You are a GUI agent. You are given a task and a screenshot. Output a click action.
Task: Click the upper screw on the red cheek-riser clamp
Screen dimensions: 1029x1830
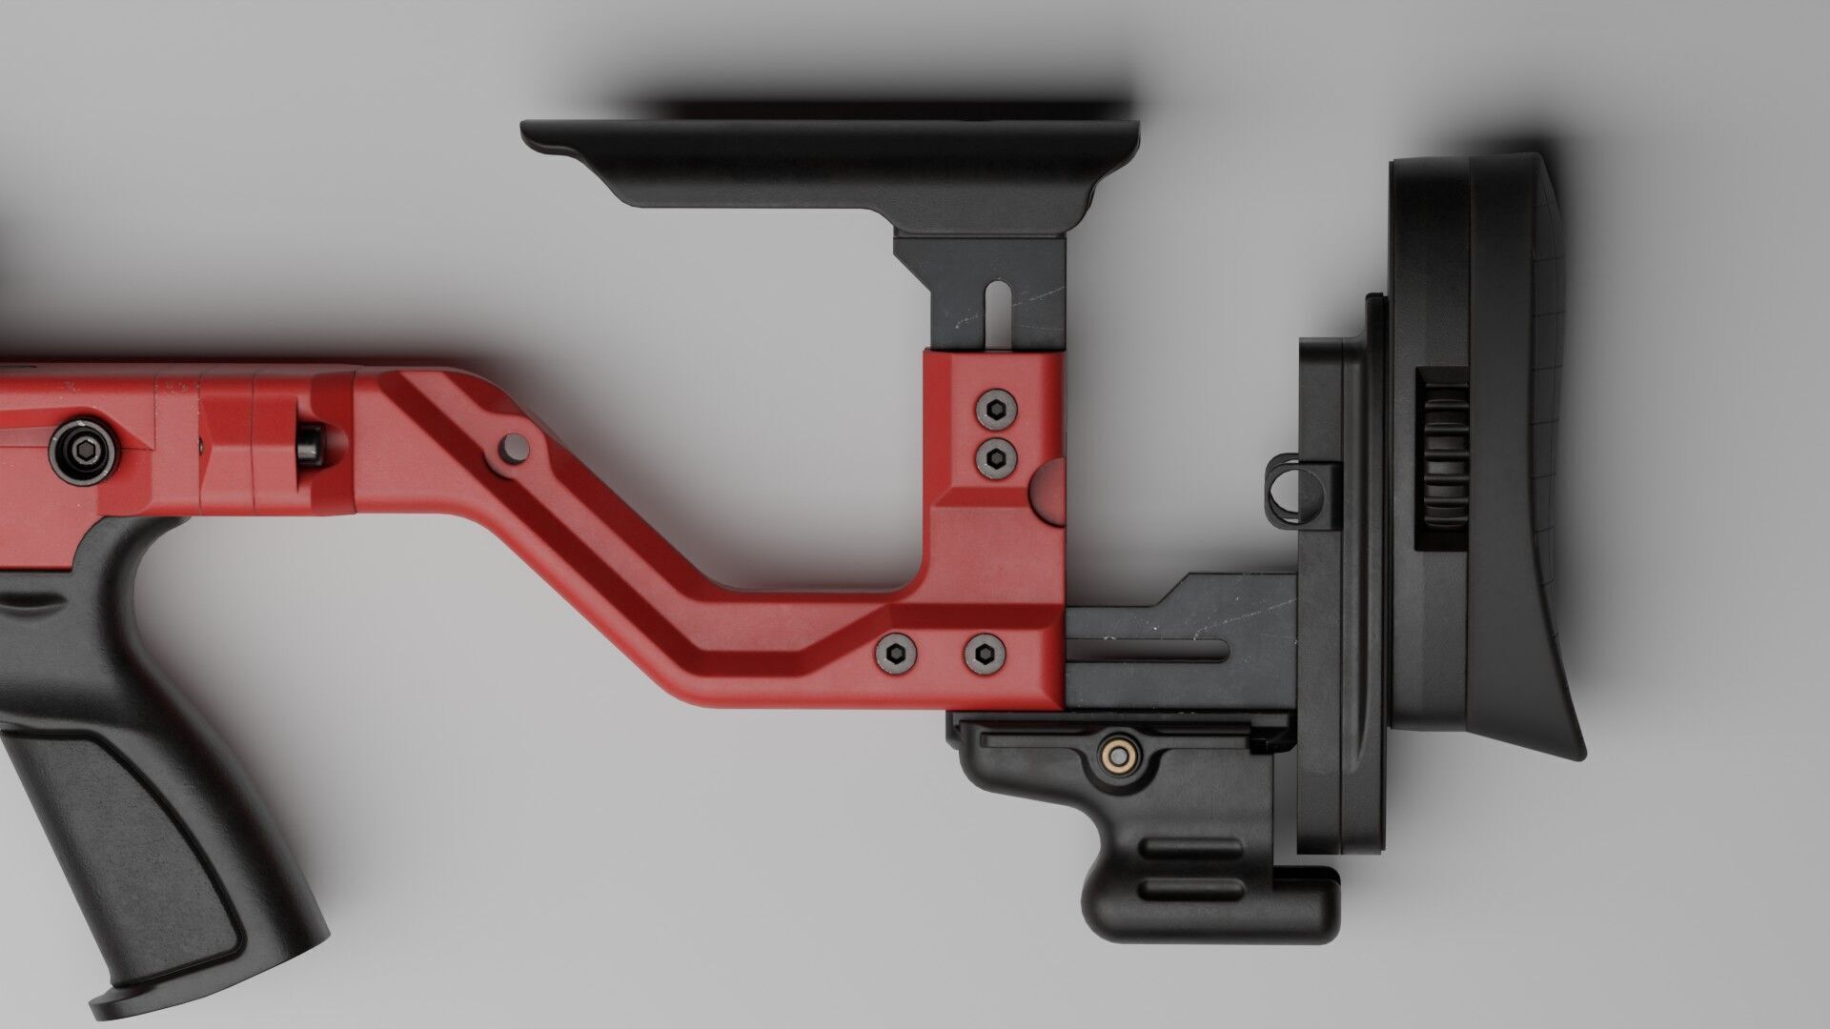pos(995,411)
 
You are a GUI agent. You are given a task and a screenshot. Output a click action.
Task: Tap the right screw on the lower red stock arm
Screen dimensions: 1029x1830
pos(984,653)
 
